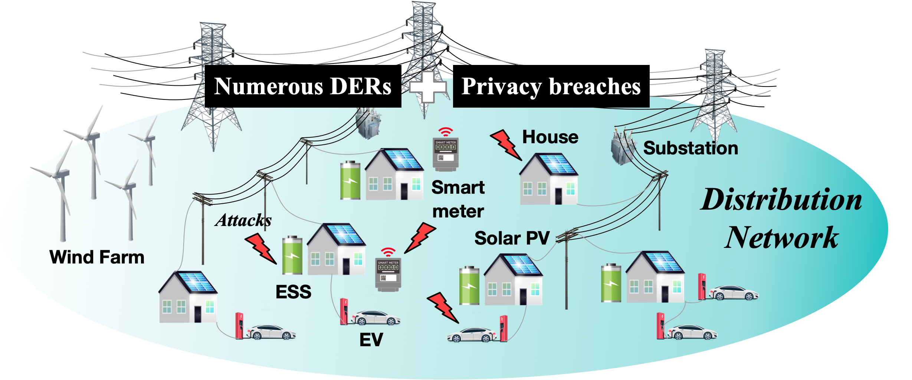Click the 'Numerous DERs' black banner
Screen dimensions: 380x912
click(x=303, y=86)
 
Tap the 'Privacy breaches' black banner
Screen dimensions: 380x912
click(x=551, y=86)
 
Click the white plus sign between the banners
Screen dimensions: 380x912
click(x=427, y=87)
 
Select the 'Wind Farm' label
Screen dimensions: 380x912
click(x=97, y=257)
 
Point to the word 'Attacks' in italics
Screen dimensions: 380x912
click(x=243, y=220)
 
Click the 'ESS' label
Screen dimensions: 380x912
click(x=293, y=292)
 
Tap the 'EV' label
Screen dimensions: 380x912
click(x=371, y=340)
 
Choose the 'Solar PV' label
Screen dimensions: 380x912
click(x=512, y=238)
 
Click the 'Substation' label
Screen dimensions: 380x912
click(x=690, y=148)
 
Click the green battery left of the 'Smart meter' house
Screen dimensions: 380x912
click(x=350, y=180)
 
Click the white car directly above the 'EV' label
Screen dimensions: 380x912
click(x=375, y=318)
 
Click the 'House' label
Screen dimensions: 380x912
click(x=550, y=137)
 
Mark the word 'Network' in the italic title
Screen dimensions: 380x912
click(x=781, y=238)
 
